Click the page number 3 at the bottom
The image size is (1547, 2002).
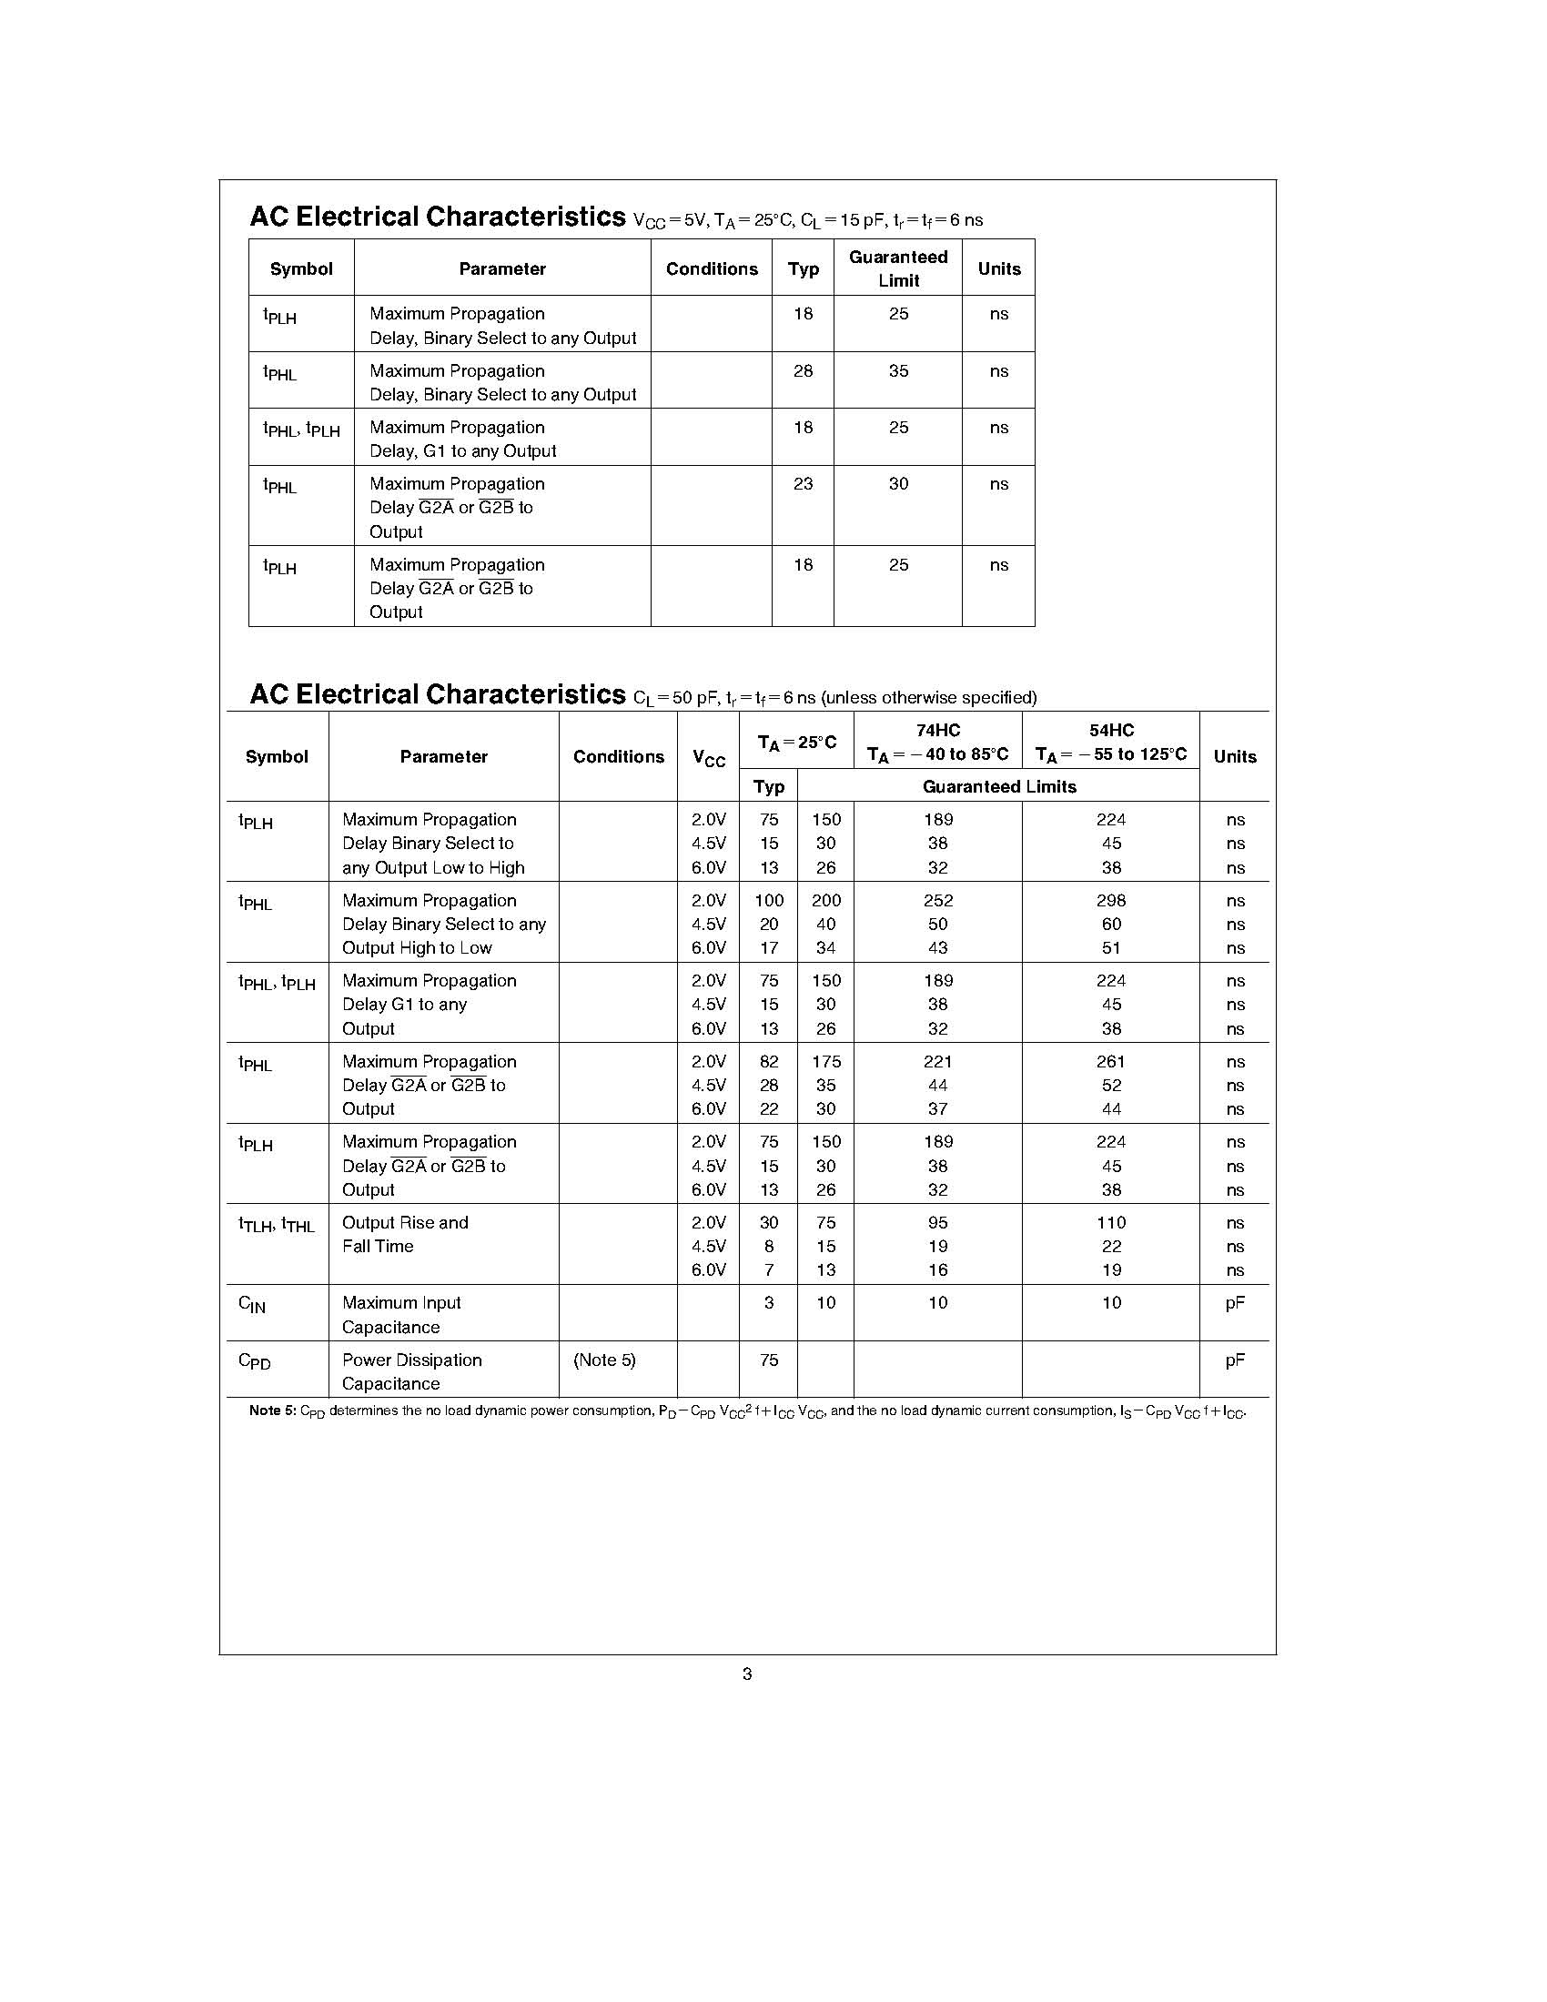pyautogui.click(x=747, y=1673)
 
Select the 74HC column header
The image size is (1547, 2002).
pyautogui.click(x=937, y=731)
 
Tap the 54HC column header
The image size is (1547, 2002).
pyautogui.click(x=1111, y=731)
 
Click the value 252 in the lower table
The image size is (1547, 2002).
pyautogui.click(x=937, y=900)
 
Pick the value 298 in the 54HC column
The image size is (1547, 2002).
pyautogui.click(x=1111, y=900)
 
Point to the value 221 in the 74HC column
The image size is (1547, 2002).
pyautogui.click(x=937, y=1061)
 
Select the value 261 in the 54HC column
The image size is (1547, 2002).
pyautogui.click(x=1111, y=1061)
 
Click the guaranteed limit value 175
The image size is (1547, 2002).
pyautogui.click(x=825, y=1061)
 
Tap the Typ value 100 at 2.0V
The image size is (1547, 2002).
pyautogui.click(x=769, y=900)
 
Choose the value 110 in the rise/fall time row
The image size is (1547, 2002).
pyautogui.click(x=1111, y=1223)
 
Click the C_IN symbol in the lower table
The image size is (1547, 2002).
pyautogui.click(x=252, y=1304)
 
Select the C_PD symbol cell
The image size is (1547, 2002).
pyautogui.click(x=254, y=1361)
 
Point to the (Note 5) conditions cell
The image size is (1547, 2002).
pyautogui.click(x=604, y=1360)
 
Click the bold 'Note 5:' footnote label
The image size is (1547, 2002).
pyautogui.click(x=272, y=1410)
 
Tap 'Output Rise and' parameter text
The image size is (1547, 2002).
pyautogui.click(x=405, y=1223)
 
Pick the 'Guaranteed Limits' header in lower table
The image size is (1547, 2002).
pyautogui.click(x=999, y=786)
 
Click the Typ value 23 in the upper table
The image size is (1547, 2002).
pyautogui.click(x=803, y=484)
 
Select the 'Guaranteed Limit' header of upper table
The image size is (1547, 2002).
pyautogui.click(x=898, y=268)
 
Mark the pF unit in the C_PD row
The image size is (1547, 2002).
pyautogui.click(x=1235, y=1360)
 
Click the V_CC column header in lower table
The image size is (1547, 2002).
pyautogui.click(x=708, y=758)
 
